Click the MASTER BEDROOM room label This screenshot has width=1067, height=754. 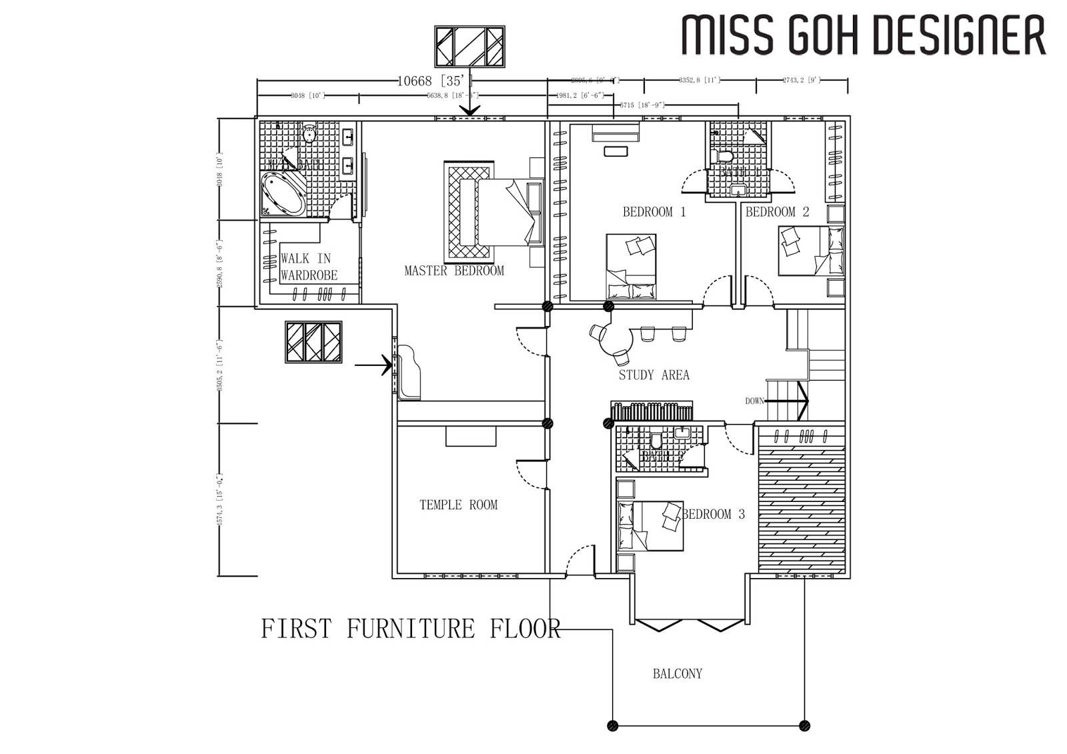point(453,271)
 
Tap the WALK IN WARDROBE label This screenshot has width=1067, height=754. point(308,267)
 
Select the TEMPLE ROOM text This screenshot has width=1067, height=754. point(458,505)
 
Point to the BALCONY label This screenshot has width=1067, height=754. point(677,674)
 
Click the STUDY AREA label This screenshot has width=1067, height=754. point(654,375)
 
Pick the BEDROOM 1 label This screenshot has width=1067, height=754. point(654,212)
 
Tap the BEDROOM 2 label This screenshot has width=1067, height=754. point(777,212)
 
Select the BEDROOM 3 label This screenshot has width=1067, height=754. point(714,514)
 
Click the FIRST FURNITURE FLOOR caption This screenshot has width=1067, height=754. point(410,629)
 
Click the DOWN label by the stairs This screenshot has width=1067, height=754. point(754,401)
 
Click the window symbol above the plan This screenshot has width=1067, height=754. point(469,46)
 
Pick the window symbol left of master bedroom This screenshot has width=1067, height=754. point(313,342)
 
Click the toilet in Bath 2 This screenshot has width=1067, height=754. point(656,442)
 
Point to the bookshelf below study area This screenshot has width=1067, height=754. point(652,411)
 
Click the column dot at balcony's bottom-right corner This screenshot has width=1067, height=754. point(804,725)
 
